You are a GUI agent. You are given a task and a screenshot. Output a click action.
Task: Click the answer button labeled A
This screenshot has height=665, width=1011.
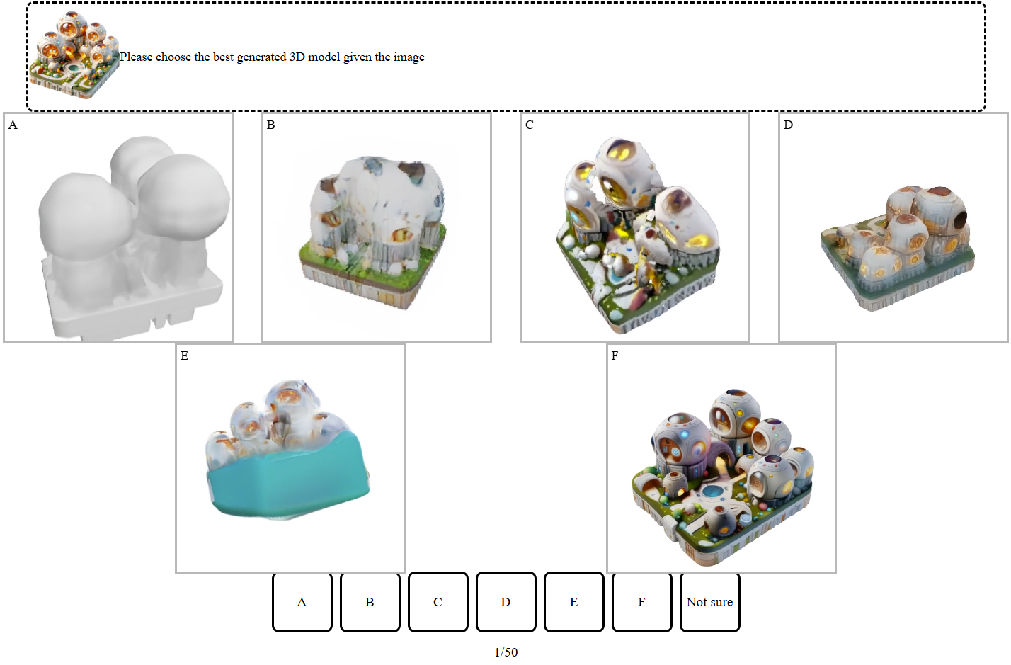click(x=302, y=602)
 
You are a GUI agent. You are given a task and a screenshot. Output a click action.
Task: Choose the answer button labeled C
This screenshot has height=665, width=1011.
click(x=438, y=602)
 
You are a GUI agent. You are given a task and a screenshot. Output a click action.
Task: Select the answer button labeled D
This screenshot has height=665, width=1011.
click(x=506, y=602)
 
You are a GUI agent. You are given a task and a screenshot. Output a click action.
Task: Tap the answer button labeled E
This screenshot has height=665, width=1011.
click(x=573, y=602)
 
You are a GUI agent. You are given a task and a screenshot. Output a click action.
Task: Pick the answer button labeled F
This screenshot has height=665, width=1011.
click(x=642, y=602)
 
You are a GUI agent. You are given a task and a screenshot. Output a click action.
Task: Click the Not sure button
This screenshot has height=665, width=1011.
click(x=710, y=602)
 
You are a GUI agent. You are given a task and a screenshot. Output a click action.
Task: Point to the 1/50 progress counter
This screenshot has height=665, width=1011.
click(x=506, y=652)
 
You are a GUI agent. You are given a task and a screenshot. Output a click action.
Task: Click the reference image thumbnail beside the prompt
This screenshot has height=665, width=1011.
click(x=74, y=54)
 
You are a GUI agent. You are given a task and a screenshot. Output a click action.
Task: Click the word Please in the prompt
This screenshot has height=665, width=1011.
click(x=136, y=57)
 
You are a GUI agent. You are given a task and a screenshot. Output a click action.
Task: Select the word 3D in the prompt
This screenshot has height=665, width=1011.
click(x=297, y=57)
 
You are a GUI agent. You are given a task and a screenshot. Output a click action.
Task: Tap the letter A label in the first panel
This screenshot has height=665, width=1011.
click(x=13, y=125)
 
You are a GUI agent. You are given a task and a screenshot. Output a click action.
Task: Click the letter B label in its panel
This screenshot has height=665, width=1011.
click(x=270, y=125)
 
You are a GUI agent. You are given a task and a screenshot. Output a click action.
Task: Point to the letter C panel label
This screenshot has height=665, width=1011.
click(x=530, y=125)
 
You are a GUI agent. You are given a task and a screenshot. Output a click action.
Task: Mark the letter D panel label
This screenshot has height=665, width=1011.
click(x=788, y=125)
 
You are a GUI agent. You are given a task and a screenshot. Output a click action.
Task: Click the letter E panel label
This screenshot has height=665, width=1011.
click(x=184, y=356)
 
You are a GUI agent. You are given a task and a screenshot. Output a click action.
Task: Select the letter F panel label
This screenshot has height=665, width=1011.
click(x=615, y=356)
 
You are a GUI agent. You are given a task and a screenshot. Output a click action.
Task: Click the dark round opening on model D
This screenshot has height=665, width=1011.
click(x=961, y=219)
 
